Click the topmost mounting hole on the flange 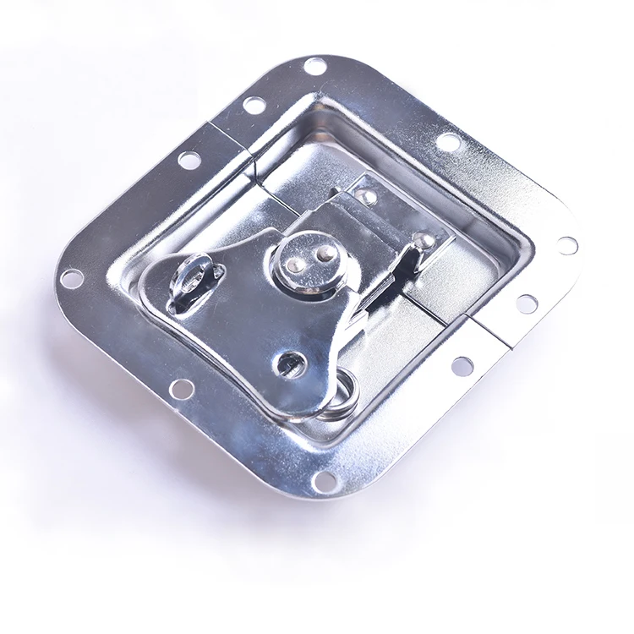click(x=314, y=66)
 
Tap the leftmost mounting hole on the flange click(x=72, y=276)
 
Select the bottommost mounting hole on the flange click(x=326, y=480)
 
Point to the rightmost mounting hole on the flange click(x=568, y=245)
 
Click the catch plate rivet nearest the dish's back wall click(x=367, y=197)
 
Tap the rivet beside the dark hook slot click(x=425, y=241)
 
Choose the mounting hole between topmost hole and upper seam click(x=254, y=105)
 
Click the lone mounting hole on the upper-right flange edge click(x=449, y=142)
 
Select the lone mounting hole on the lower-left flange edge click(x=180, y=388)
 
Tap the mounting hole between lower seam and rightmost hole click(x=527, y=303)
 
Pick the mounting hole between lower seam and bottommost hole click(x=462, y=365)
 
